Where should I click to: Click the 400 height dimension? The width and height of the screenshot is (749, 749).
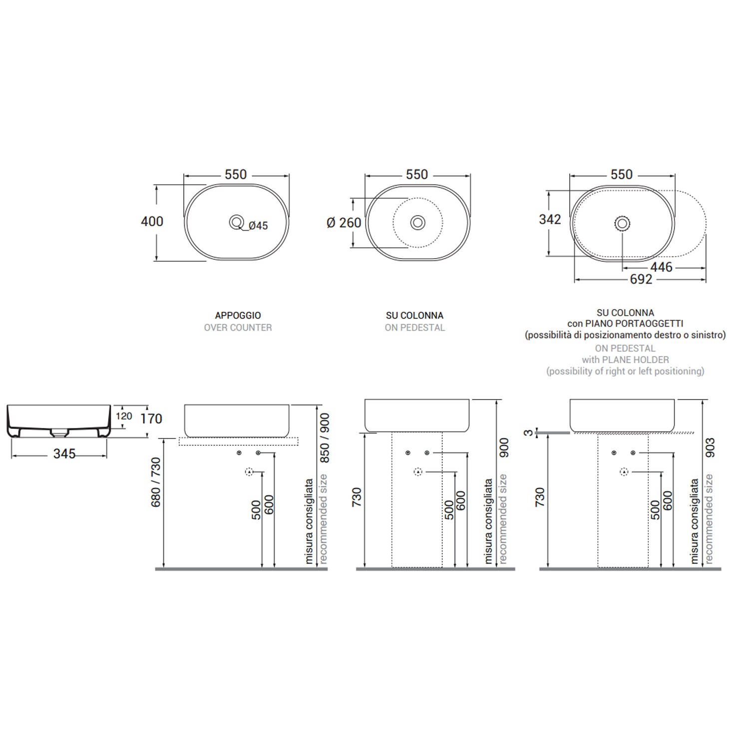[152, 221]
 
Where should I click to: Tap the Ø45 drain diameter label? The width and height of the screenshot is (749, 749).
[258, 226]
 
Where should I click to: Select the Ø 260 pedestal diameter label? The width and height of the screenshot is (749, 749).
[344, 223]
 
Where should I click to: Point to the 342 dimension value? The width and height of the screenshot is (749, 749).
[550, 219]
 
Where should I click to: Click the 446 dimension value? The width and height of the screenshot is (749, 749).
[661, 267]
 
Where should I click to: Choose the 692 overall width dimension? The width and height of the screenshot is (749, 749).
[641, 280]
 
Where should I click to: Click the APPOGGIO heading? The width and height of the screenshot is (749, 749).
[238, 316]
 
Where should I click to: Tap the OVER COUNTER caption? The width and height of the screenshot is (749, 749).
[238, 328]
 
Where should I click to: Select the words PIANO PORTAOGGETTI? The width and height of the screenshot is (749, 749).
[642, 324]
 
